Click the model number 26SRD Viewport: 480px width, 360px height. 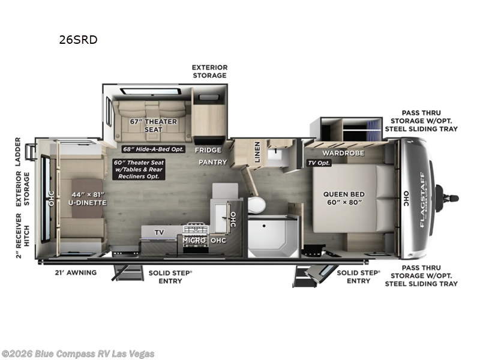click(78, 40)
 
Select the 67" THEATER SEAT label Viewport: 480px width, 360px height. click(154, 125)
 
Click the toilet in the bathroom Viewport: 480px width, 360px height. click(256, 206)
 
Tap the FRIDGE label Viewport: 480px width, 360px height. click(208, 150)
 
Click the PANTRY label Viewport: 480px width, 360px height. click(213, 162)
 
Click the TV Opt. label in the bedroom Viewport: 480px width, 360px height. click(319, 163)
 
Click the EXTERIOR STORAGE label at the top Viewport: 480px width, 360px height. click(209, 71)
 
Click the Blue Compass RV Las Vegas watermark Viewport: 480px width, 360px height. click(78, 353)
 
